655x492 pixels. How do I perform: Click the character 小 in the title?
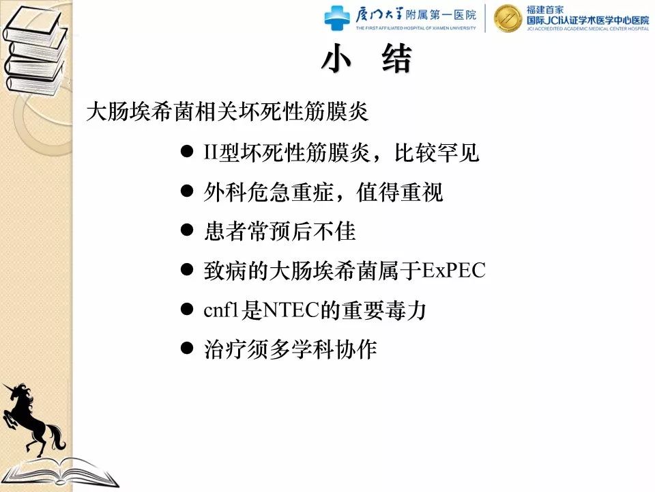click(x=336, y=59)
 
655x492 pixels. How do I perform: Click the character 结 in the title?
click(x=397, y=59)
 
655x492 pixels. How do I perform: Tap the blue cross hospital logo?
click(x=337, y=18)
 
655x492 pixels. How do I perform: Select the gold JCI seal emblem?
click(x=508, y=18)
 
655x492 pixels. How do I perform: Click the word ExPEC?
click(x=454, y=271)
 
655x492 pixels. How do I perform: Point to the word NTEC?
click(x=290, y=310)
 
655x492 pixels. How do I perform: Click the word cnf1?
click(x=221, y=310)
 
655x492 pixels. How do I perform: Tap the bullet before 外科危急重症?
click(x=187, y=191)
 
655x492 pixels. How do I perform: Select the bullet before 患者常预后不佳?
click(x=187, y=230)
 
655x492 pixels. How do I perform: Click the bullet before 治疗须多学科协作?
click(x=187, y=348)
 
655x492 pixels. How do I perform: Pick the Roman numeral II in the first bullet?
click(x=211, y=152)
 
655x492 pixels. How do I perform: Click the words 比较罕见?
click(x=437, y=152)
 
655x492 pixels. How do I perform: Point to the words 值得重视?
click(x=399, y=192)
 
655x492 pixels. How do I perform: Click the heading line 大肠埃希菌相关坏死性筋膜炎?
click(x=227, y=111)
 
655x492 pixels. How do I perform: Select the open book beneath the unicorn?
click(x=63, y=474)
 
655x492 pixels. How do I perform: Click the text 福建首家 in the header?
click(x=544, y=9)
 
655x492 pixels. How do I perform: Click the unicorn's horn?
click(x=9, y=387)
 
